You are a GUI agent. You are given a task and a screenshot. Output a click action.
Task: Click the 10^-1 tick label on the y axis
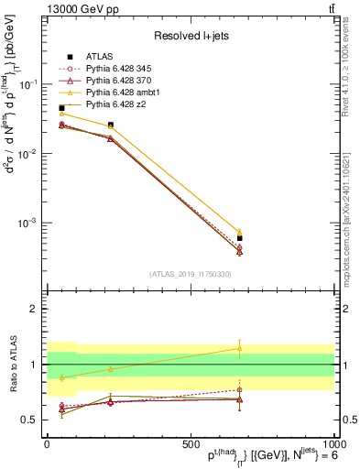(28, 84)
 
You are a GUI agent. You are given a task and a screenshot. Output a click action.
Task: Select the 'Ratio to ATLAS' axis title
(13, 365)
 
